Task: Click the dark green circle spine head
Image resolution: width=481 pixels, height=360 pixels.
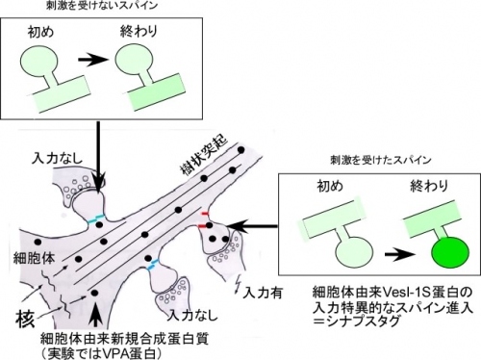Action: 450,252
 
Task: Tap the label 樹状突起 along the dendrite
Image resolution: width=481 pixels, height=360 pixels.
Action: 204,155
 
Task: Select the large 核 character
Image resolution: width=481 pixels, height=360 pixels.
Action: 25,319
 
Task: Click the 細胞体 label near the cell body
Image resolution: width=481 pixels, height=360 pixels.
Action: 34,258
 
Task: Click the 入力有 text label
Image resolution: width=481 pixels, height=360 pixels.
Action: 263,293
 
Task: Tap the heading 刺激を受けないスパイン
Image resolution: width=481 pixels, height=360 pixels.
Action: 102,6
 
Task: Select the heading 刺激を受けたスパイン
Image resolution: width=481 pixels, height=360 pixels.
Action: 381,160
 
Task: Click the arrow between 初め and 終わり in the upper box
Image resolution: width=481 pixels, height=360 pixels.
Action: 92,60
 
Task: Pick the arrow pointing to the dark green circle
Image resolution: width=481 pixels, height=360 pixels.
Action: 400,254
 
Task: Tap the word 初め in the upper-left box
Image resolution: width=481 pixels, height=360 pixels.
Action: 40,33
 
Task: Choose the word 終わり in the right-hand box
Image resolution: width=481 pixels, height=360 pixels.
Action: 429,186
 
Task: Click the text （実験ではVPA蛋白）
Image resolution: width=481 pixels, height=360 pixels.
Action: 101,353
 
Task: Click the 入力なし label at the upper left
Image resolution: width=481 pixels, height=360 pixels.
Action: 57,158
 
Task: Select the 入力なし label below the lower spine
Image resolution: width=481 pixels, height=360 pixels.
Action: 192,315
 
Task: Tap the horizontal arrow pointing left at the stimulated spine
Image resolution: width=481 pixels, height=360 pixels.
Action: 253,226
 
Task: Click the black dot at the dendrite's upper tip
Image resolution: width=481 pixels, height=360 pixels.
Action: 240,149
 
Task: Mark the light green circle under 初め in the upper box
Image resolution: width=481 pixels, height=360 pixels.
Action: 39,63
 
